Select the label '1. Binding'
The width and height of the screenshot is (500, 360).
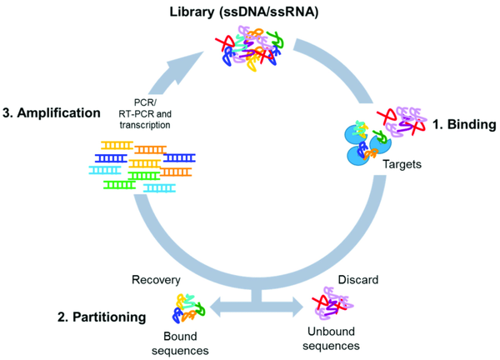pyautogui.click(x=465, y=125)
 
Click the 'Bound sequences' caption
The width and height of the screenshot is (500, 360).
pyautogui.click(x=191, y=339)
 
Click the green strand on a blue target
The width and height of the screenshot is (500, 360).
pyautogui.click(x=380, y=135)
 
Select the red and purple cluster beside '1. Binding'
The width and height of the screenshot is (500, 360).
pyautogui.click(x=403, y=122)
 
